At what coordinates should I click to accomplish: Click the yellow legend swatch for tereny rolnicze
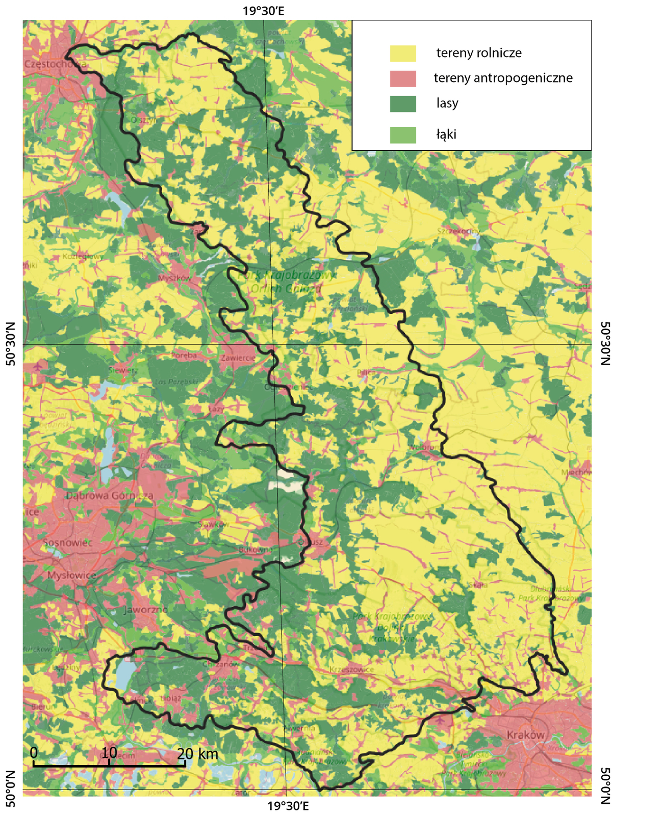coord(403,53)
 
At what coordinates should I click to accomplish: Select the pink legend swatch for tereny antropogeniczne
coord(403,78)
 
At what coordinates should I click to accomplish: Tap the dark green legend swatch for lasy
coord(403,103)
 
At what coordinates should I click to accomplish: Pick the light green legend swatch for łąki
coord(403,135)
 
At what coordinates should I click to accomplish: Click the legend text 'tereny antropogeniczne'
coord(503,78)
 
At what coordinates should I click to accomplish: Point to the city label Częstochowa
coord(55,64)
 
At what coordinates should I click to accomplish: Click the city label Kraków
coord(525,735)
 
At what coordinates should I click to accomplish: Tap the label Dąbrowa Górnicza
coord(109,495)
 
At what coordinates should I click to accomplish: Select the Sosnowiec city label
coord(67,543)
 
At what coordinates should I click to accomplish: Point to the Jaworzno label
coord(145,610)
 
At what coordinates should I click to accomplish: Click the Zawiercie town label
coord(238,358)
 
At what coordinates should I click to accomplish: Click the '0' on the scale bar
coord(33,752)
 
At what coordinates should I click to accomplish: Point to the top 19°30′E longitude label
coord(263,10)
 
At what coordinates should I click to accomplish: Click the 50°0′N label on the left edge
coord(11,789)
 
